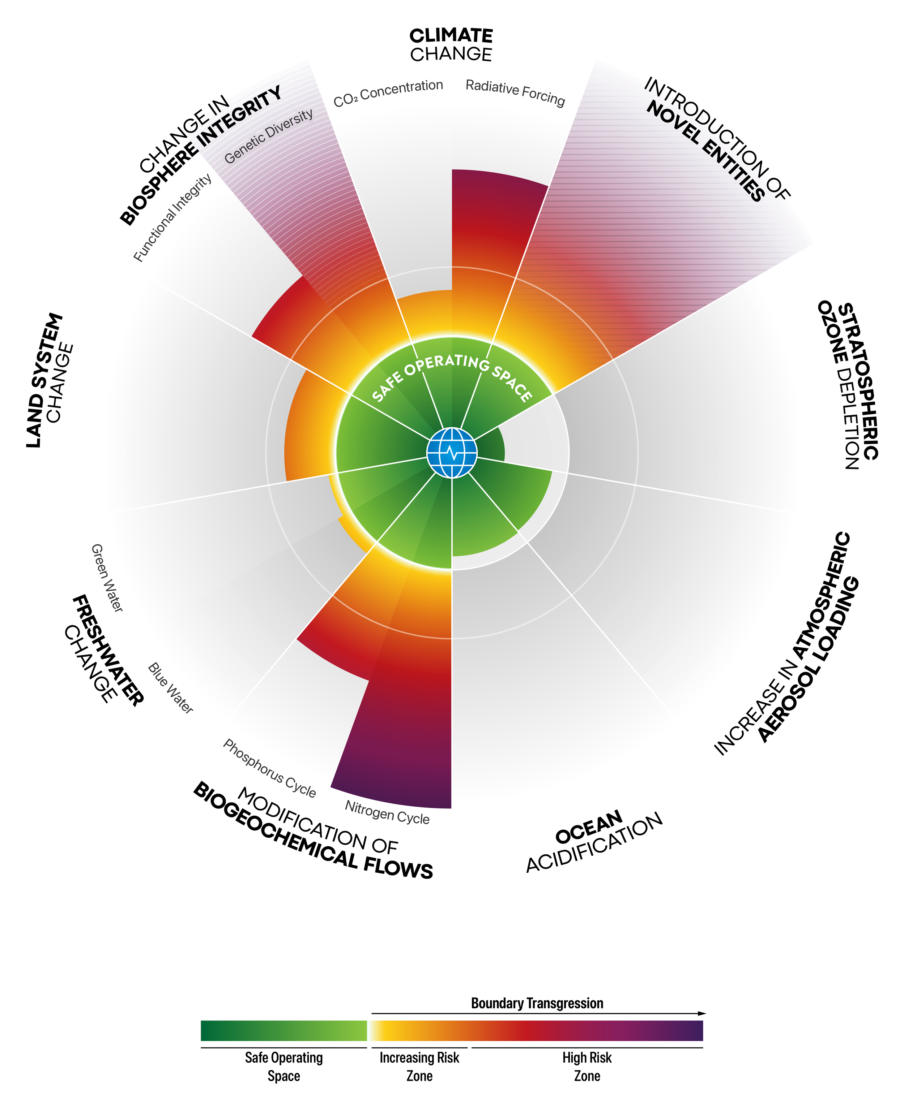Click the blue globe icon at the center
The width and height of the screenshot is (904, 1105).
click(x=452, y=453)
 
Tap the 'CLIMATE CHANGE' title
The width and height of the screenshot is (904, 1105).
click(x=451, y=45)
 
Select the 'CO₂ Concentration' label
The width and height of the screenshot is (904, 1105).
click(x=388, y=93)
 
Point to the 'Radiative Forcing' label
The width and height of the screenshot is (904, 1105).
click(x=515, y=92)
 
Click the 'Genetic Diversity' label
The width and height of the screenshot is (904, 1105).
click(x=269, y=136)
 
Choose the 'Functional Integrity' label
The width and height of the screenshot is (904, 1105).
click(x=173, y=217)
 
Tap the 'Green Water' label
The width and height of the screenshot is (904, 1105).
click(x=107, y=578)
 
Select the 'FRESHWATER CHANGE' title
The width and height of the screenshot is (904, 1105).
click(x=102, y=650)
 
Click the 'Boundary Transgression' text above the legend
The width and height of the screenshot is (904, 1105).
click(x=537, y=1003)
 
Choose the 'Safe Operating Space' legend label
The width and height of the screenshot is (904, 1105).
click(x=284, y=1066)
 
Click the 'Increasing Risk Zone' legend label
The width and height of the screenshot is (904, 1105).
click(x=419, y=1066)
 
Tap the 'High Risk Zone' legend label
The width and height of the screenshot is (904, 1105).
click(x=587, y=1066)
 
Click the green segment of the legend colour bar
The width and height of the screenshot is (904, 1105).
click(x=284, y=1031)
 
